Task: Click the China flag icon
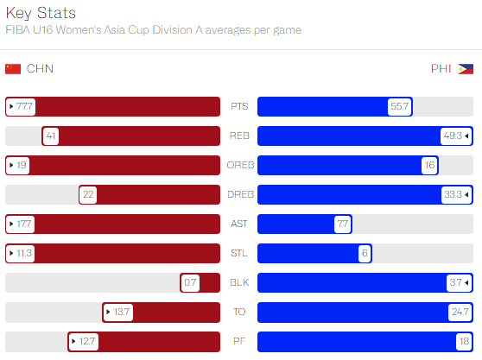point(13,69)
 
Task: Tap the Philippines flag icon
point(466,69)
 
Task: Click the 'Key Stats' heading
point(41,13)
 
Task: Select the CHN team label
point(40,68)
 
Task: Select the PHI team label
point(441,68)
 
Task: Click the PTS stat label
point(239,106)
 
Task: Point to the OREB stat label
point(240,165)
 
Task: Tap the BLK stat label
point(239,282)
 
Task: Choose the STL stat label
point(239,253)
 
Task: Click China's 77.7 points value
point(24,106)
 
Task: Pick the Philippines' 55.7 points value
point(399,106)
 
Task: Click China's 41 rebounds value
point(51,136)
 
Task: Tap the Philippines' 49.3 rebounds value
point(453,136)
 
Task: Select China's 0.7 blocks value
point(190,282)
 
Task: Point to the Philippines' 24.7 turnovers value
point(460,312)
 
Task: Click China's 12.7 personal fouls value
point(86,341)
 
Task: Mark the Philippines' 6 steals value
point(365,253)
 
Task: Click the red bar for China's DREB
point(149,194)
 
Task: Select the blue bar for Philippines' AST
point(305,224)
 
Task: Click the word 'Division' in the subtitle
point(173,30)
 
